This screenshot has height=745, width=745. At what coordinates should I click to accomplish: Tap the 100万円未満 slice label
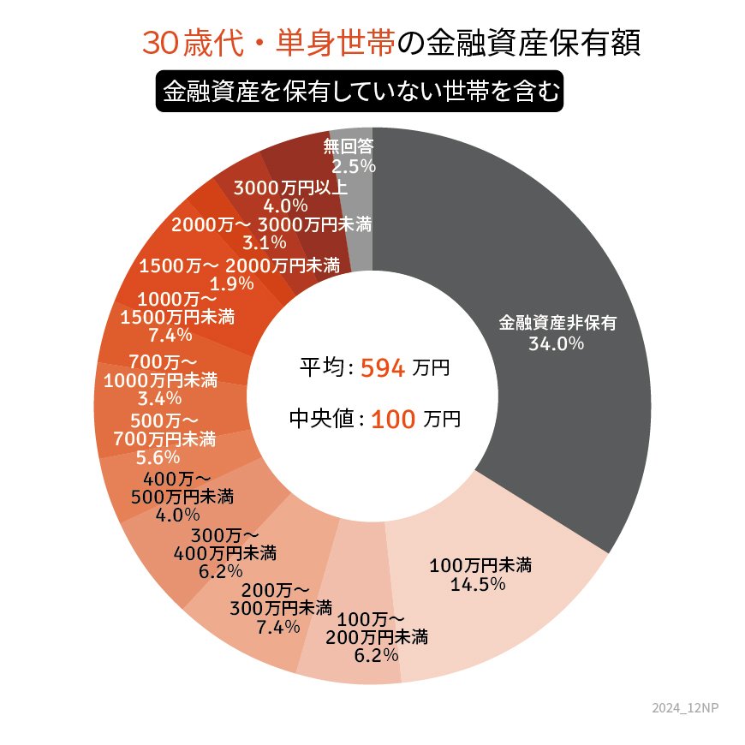(x=480, y=565)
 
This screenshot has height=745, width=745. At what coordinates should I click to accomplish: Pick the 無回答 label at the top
(x=349, y=146)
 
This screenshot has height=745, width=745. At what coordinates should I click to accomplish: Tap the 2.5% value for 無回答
(x=353, y=166)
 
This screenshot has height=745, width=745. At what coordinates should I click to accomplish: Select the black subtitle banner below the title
(x=359, y=91)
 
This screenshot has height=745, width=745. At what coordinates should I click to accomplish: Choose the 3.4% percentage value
(x=159, y=397)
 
